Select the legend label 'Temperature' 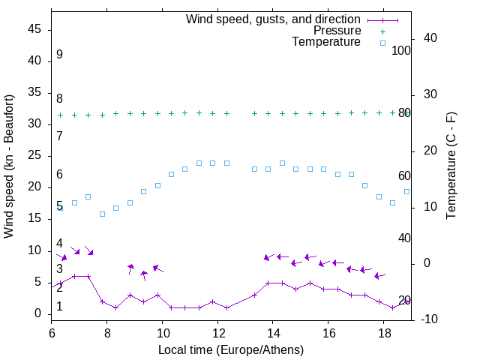326,42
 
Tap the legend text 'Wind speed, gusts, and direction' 274,19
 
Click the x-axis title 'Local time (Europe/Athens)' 231,350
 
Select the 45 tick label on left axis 34,29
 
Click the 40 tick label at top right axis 430,38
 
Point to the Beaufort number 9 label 59,55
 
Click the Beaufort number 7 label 59,136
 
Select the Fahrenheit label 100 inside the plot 401,50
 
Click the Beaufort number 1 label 59,306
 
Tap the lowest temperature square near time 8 102,214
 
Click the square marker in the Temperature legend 382,43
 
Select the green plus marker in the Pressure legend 382,31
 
